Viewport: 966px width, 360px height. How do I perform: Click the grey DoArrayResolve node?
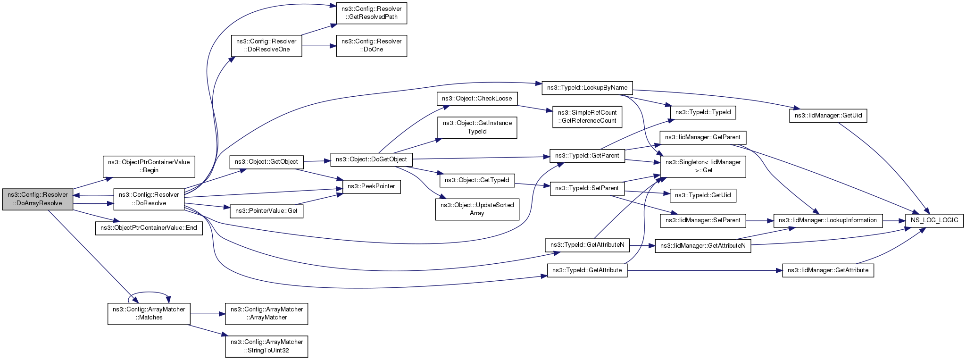(x=38, y=199)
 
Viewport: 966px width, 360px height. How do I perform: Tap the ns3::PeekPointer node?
(x=372, y=186)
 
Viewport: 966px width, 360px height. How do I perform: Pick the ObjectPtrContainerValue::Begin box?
(x=149, y=166)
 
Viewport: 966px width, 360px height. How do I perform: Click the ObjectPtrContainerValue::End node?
(x=149, y=228)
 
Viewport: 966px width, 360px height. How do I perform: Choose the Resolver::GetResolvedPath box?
(x=372, y=13)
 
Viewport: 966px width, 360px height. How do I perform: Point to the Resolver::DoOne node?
(x=372, y=45)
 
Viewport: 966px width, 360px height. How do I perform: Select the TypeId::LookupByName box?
(x=587, y=88)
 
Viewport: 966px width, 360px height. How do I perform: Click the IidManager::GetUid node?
(x=828, y=116)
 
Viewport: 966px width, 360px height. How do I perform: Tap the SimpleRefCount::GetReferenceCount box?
(x=587, y=117)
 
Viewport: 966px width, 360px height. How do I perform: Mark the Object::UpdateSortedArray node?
(x=477, y=209)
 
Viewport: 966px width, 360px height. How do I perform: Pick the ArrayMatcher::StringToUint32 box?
(x=266, y=346)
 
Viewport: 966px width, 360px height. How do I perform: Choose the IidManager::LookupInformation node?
(x=828, y=220)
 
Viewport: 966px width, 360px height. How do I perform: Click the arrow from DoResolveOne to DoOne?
(x=319, y=46)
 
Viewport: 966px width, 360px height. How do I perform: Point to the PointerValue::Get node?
(x=266, y=210)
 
